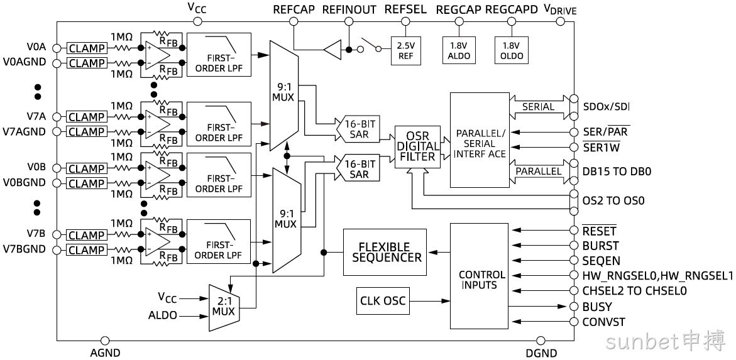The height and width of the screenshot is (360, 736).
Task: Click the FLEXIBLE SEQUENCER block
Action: (385, 252)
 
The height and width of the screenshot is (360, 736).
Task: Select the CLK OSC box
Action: (383, 300)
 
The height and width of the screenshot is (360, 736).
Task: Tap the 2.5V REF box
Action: (406, 51)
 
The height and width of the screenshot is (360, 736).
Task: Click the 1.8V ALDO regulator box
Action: (458, 51)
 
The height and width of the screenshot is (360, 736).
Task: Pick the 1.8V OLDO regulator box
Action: (511, 51)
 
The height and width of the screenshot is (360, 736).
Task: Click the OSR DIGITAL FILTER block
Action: (417, 147)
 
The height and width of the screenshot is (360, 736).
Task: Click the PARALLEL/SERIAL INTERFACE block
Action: (479, 140)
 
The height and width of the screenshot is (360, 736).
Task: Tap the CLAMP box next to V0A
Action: (87, 48)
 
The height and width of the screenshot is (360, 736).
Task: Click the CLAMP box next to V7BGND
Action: (87, 249)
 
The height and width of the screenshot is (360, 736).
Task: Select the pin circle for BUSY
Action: (573, 307)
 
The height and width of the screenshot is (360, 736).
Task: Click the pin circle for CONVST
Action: (573, 322)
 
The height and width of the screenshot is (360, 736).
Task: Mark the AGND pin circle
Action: (105, 341)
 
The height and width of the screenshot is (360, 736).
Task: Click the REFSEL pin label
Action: (405, 9)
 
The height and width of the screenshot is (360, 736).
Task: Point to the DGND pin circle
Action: (541, 341)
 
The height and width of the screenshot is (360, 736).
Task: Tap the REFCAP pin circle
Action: (294, 21)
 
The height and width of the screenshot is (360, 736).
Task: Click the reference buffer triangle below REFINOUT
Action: (332, 49)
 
